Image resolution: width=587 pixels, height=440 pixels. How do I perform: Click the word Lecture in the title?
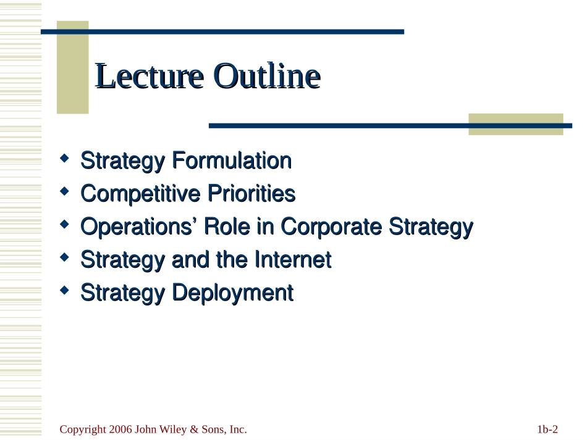coord(150,76)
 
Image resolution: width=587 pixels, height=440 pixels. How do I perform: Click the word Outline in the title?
coord(267,76)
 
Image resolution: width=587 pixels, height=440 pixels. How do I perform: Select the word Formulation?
coord(232,160)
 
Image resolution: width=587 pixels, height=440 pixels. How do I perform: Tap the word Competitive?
coord(140,194)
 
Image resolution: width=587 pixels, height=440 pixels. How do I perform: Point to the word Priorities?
coord(251,194)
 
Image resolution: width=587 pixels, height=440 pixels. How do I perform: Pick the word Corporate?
coord(331,227)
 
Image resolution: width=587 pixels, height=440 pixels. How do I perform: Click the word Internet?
coord(292,259)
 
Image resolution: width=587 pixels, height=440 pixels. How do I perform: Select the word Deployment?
coord(232,293)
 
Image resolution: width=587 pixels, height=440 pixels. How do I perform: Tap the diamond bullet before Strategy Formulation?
coord(64,158)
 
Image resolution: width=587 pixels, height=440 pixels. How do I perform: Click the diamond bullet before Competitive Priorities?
coord(64,191)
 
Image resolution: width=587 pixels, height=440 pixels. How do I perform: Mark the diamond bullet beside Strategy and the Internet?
coord(64,257)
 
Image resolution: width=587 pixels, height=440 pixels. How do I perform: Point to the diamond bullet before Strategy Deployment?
coord(64,290)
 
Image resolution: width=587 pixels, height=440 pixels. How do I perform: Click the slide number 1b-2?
coord(547,429)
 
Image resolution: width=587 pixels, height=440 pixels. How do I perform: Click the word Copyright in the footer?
coord(83,430)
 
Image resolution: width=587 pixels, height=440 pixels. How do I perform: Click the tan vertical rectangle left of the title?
coord(73,67)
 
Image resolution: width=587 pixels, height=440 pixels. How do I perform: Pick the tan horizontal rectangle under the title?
coord(516,124)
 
